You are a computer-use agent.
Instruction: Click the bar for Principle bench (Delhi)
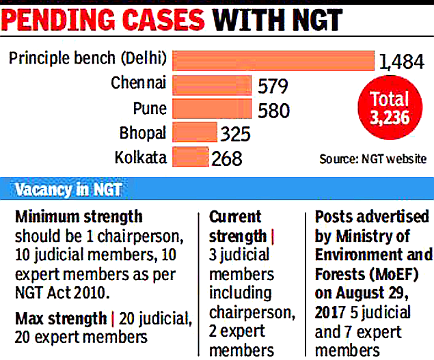[273, 61]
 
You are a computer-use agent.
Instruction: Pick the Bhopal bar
[195, 132]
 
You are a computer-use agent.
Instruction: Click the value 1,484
[403, 64]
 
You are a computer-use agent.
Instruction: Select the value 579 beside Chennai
[273, 87]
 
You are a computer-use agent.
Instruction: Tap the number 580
[273, 110]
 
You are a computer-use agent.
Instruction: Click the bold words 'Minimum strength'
[79, 217]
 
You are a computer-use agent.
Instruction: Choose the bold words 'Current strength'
[236, 227]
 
